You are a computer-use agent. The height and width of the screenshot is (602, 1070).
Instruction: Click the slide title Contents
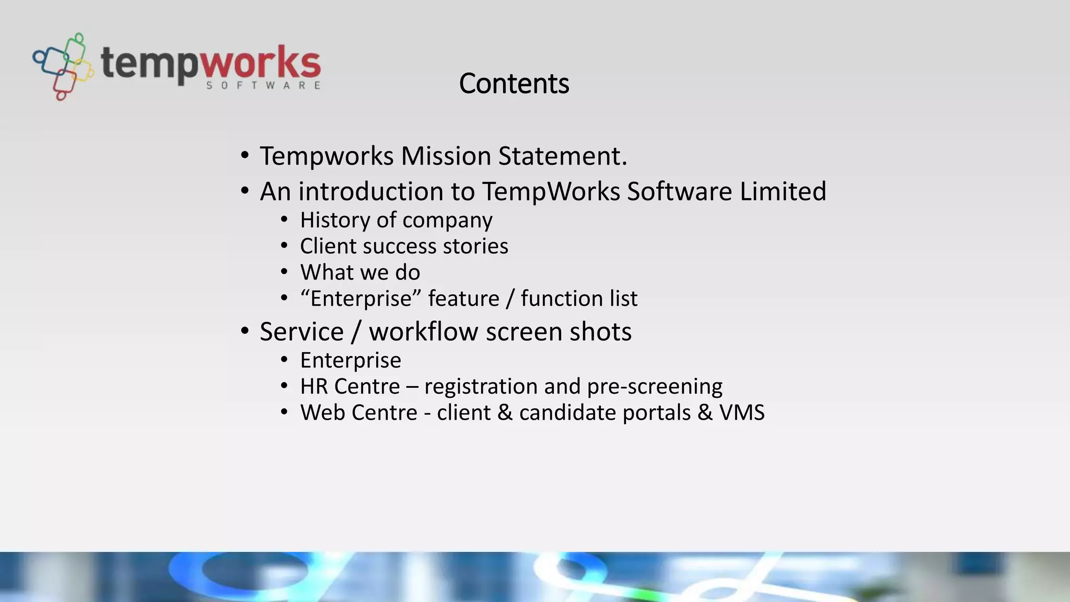pos(514,84)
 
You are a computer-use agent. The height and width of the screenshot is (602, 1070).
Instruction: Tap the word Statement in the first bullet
pos(562,156)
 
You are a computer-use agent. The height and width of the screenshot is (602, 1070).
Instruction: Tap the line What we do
pos(360,272)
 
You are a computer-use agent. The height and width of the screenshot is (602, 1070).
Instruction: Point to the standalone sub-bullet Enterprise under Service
pos(351,360)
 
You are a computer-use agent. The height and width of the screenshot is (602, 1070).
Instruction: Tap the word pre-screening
pos(655,387)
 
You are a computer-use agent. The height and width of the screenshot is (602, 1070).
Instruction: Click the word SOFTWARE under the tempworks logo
pos(263,86)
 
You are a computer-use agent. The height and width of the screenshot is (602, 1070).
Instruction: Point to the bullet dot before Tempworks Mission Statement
pos(245,156)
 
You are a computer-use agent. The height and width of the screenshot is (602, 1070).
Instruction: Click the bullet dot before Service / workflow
pos(245,332)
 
